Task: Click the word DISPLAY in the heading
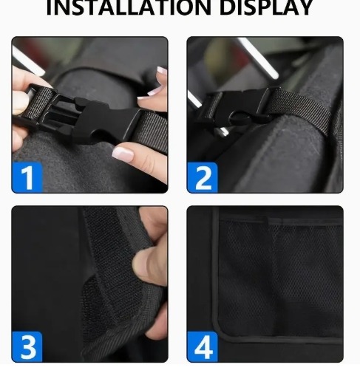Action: coord(266,7)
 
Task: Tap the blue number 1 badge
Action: coord(27,177)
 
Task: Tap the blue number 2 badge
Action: coord(203,177)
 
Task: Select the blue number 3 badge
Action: coord(27,346)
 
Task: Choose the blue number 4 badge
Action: coord(203,346)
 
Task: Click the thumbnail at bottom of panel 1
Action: coord(123,154)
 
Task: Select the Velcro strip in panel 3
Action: coord(109,271)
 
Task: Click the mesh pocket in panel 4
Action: coord(279,278)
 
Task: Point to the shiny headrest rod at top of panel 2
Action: coord(257,58)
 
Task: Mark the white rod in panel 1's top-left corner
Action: coord(27,61)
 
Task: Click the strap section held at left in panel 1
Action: coord(39,103)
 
